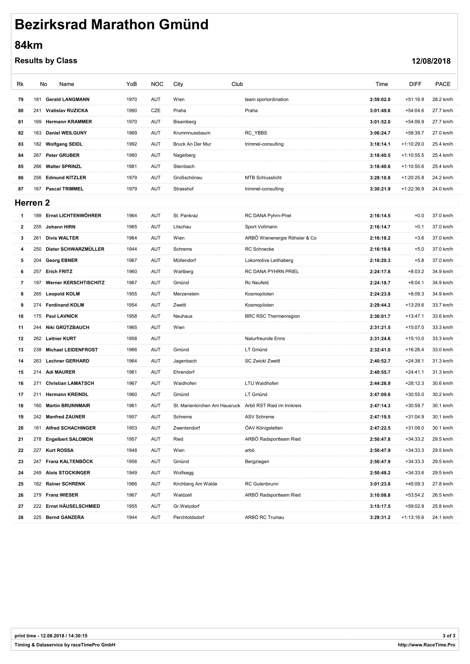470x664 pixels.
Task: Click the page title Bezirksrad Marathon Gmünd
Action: coord(111,25)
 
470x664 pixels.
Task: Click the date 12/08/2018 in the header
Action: coord(431,61)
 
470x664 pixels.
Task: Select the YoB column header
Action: coord(131,84)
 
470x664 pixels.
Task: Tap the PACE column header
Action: coord(442,84)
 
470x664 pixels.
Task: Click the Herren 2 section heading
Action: coord(32,203)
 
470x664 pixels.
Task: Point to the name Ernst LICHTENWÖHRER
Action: coord(74,216)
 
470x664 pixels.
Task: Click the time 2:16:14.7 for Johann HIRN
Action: coord(380,227)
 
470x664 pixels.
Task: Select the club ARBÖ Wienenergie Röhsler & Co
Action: coord(280,238)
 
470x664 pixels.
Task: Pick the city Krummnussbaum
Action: coord(192,133)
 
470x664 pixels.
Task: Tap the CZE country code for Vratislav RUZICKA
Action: coord(155,111)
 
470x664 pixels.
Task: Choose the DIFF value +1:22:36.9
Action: coord(412,189)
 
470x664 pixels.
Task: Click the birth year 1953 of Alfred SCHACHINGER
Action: coord(131,428)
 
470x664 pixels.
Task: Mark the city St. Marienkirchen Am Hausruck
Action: coord(207,406)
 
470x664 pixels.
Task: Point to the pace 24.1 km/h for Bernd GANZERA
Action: coord(442,518)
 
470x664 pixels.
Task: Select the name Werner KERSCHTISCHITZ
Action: coord(75,283)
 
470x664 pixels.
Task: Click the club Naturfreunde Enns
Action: coord(265,339)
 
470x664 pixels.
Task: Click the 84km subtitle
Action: coord(29,45)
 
